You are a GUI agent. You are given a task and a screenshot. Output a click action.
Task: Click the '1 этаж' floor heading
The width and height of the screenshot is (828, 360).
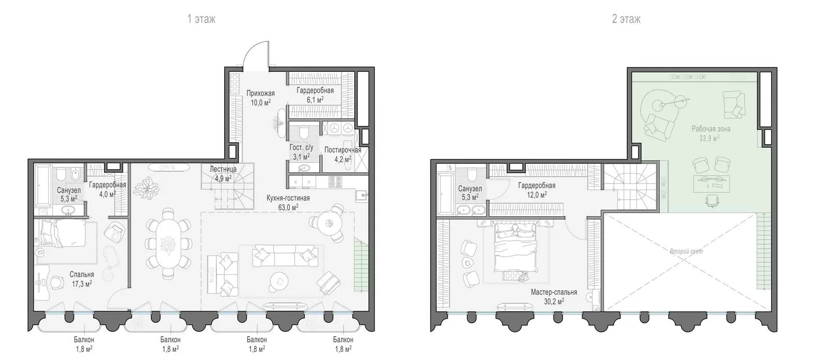[201, 19]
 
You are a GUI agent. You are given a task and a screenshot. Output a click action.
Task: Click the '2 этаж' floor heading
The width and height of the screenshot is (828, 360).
[626, 19]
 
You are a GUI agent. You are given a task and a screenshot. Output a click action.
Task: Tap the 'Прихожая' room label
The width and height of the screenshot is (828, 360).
[261, 94]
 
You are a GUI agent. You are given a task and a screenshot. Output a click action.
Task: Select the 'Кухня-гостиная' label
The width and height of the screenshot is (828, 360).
[288, 198]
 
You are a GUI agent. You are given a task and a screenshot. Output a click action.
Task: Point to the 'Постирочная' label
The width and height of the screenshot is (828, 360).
[343, 150]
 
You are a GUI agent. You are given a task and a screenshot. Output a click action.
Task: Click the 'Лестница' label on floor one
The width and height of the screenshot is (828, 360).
[223, 169]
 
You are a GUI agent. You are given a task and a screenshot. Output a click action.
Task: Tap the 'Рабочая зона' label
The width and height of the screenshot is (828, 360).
[711, 129]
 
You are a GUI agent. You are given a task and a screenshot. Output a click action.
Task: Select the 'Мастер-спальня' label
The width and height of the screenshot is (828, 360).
[554, 292]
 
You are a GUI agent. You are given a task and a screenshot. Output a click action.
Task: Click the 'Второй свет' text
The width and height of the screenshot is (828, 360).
[686, 251]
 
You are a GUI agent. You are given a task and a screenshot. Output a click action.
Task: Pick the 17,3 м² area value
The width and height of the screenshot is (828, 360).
[82, 284]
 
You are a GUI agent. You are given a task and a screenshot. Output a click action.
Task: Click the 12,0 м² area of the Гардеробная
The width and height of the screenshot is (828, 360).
[537, 195]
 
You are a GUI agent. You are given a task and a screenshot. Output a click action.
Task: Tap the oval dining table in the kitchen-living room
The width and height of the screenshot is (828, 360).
[168, 244]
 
